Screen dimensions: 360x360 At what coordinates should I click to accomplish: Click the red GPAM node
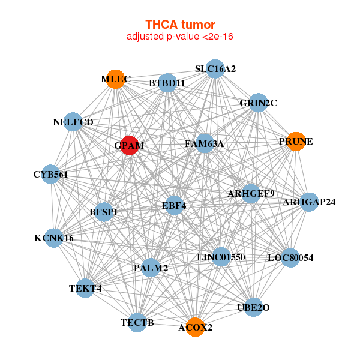click(x=130, y=145)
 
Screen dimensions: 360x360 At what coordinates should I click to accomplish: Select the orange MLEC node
click(x=115, y=79)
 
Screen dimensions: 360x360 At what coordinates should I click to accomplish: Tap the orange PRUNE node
click(x=295, y=142)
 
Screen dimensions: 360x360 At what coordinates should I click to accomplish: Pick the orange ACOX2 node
click(x=194, y=327)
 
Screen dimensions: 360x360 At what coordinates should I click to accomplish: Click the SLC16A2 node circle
click(x=215, y=69)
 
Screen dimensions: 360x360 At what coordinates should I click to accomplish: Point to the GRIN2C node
click(x=258, y=103)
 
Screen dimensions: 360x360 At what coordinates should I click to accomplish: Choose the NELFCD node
click(x=73, y=122)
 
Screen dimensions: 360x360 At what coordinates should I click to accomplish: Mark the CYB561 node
click(x=52, y=175)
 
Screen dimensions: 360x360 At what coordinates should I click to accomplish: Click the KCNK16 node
click(x=54, y=238)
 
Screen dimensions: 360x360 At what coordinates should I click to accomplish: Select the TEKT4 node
click(x=85, y=288)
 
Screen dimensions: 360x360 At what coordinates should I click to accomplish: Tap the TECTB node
click(x=137, y=322)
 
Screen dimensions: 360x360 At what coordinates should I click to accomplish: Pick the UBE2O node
click(x=253, y=307)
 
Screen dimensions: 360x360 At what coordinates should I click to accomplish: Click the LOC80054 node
click(x=290, y=258)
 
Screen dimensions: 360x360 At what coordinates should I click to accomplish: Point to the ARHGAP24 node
click(x=309, y=202)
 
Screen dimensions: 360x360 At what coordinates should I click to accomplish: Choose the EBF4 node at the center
click(x=174, y=205)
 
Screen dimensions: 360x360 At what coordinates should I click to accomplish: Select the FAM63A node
click(x=205, y=143)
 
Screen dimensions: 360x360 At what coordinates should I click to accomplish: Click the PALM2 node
click(x=151, y=267)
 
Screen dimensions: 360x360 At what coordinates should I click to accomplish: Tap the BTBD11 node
click(x=167, y=83)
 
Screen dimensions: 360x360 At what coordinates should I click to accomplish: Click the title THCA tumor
click(x=180, y=25)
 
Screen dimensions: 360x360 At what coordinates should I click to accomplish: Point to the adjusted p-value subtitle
click(x=180, y=37)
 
